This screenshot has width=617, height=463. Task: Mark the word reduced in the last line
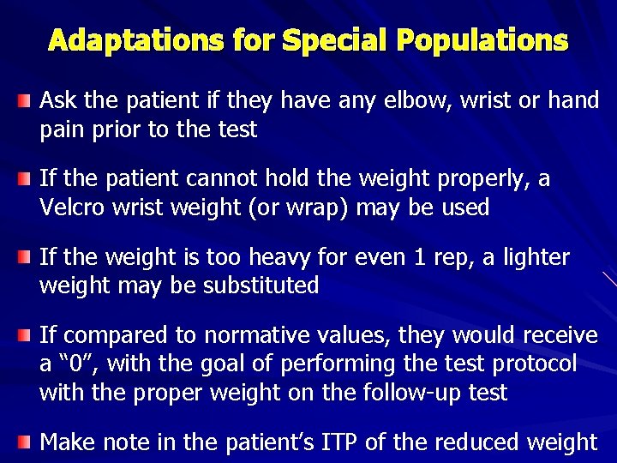(473, 442)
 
